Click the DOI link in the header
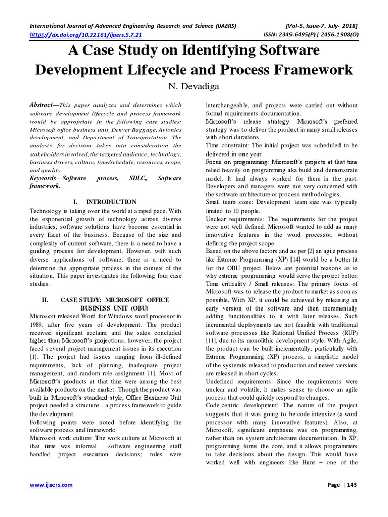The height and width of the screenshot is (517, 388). click(x=86, y=35)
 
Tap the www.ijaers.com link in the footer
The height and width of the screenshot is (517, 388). click(x=51, y=485)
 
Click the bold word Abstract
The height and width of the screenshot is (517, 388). click(x=41, y=105)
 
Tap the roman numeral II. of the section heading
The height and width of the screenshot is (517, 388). click(x=45, y=300)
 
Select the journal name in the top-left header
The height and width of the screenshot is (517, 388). click(x=134, y=25)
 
